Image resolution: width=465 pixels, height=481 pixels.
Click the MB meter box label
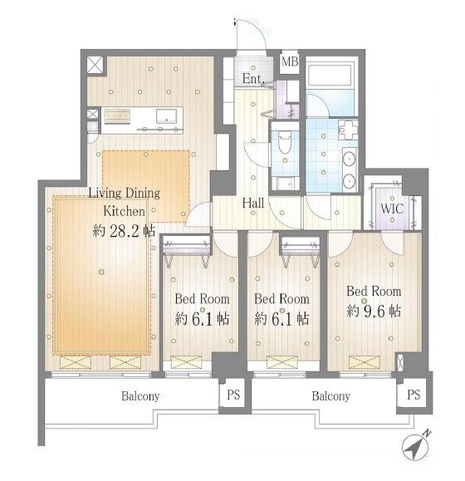click(290, 61)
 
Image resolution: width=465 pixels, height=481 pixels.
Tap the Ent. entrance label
click(253, 79)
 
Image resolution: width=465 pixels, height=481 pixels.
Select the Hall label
click(253, 203)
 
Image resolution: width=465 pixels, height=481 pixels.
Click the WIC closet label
click(392, 209)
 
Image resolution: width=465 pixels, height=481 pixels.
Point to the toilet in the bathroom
click(285, 142)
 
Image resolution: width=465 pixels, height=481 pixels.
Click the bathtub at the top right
click(330, 76)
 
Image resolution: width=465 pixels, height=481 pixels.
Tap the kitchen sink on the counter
click(166, 116)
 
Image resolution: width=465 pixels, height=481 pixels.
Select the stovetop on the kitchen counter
click(116, 115)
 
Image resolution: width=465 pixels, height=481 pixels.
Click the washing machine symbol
click(348, 130)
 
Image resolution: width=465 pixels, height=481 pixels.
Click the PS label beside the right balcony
click(414, 395)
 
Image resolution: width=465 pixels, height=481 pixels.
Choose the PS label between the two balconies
click(233, 395)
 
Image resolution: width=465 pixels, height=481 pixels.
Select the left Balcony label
click(140, 396)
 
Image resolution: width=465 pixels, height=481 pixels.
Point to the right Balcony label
click(331, 396)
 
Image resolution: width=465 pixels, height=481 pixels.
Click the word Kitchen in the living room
click(125, 211)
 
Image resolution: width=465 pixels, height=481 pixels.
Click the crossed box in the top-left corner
click(96, 65)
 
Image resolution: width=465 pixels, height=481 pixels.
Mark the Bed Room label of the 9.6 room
click(374, 291)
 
